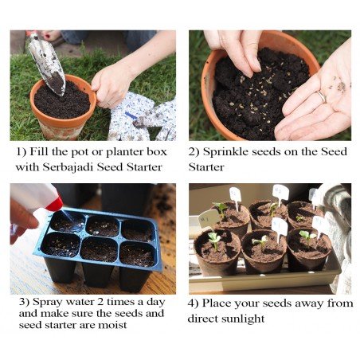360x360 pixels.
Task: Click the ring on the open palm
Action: coord(322,97)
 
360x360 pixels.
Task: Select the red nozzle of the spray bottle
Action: coord(54,204)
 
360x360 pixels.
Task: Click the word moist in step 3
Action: coord(112,325)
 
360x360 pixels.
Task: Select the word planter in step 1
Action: coord(125,152)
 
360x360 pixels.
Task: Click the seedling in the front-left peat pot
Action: coord(214,240)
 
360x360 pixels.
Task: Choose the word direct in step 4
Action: coord(202,318)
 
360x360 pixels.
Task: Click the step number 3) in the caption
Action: coord(24,302)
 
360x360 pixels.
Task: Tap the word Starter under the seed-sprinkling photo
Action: coord(206,167)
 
